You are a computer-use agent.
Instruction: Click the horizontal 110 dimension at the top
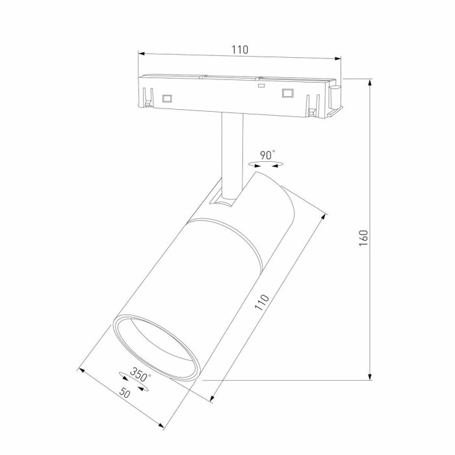(x=240, y=49)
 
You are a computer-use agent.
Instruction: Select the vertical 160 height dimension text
(x=363, y=237)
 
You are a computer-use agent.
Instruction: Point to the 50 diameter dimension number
(x=124, y=393)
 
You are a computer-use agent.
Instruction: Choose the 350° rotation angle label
(x=140, y=374)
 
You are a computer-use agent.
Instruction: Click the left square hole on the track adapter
(x=166, y=98)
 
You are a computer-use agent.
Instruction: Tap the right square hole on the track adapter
(x=286, y=92)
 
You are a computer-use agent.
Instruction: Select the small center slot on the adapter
(x=261, y=84)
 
